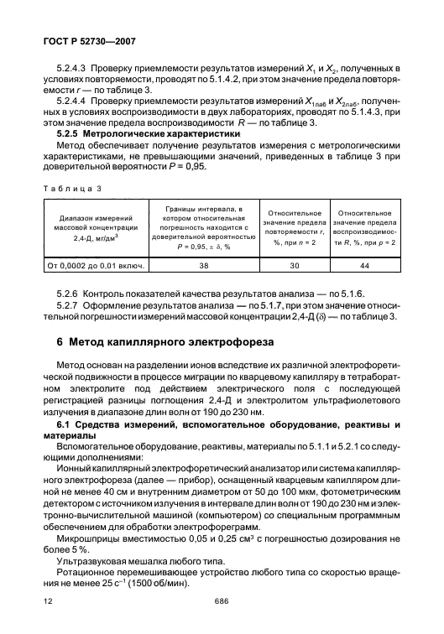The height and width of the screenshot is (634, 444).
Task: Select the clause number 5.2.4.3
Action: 71,66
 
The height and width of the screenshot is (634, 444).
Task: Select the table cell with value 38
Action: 203,267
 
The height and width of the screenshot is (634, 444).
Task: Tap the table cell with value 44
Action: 364,267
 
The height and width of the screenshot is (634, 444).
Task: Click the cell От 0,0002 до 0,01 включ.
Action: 97,267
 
